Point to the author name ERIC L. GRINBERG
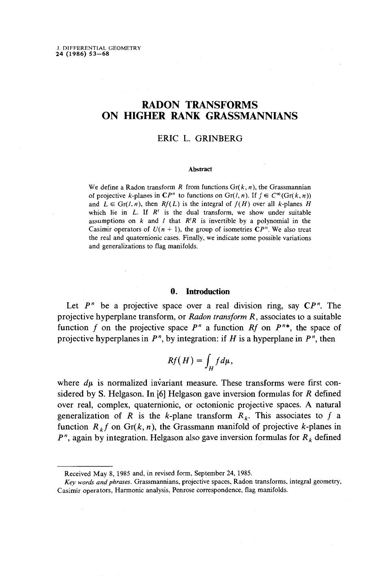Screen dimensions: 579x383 coord(200,139)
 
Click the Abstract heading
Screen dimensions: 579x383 coord(200,169)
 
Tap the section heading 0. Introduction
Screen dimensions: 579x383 coord(200,292)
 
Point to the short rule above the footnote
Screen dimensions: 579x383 coord(84,466)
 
